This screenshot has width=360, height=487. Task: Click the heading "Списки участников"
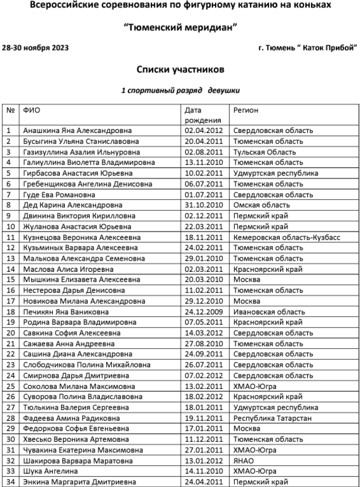(x=180, y=69)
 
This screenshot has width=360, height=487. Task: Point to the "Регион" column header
(x=246, y=110)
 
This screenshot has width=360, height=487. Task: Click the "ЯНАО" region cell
(x=244, y=461)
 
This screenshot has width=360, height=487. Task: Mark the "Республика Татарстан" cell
(x=272, y=418)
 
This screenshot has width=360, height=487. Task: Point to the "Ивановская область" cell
(x=269, y=312)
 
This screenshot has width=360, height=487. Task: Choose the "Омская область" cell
(x=262, y=206)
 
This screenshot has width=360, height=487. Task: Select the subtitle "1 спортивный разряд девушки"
(x=180, y=90)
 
